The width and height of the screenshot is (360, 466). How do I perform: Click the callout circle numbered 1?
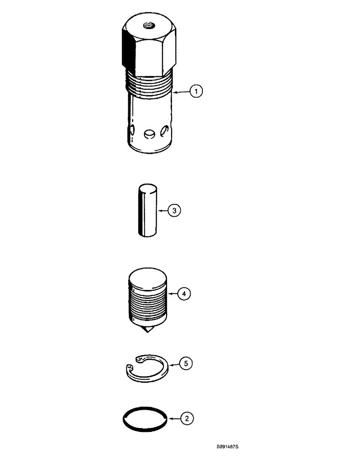(196, 92)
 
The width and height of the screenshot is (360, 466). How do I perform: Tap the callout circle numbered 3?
(174, 211)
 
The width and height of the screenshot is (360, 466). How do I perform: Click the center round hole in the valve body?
(149, 134)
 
